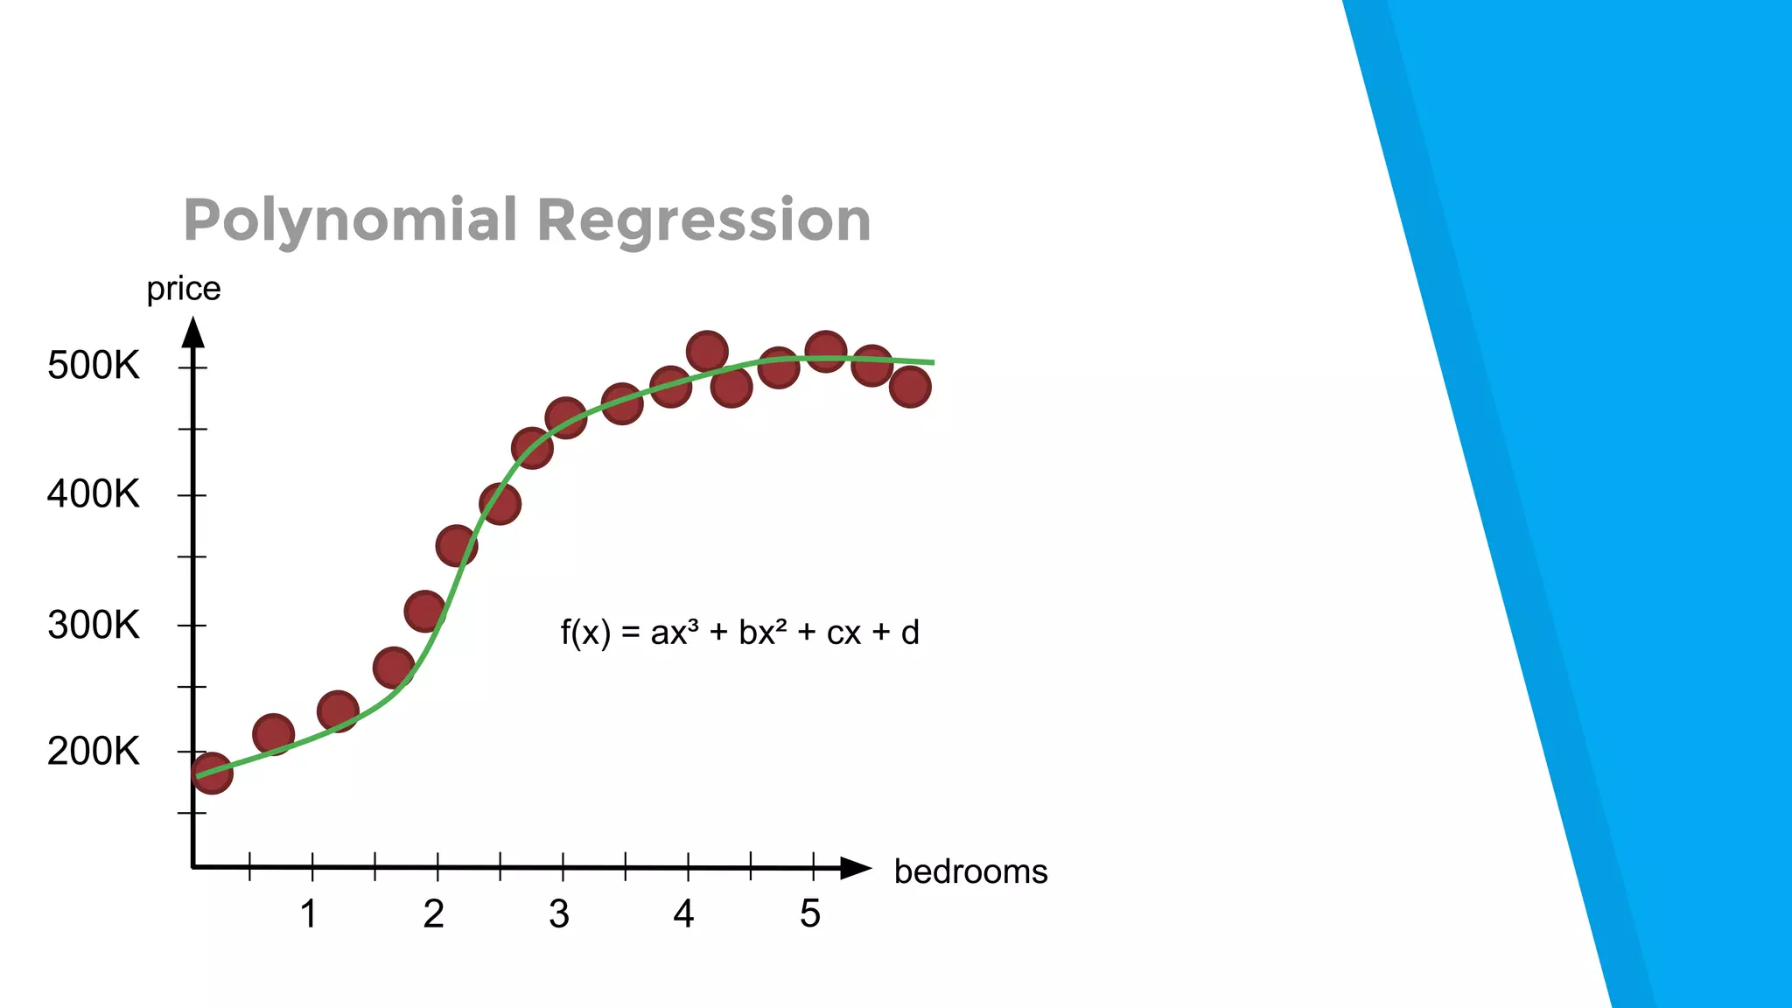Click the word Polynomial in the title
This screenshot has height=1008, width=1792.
[350, 220]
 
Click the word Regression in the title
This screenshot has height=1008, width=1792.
[703, 220]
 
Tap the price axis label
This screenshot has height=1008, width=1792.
[183, 289]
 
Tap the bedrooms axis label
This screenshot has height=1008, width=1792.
[970, 871]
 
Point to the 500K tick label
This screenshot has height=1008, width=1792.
[93, 366]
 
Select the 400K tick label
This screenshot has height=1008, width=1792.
[93, 495]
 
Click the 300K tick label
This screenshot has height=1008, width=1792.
[93, 626]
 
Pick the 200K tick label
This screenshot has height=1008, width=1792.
[93, 752]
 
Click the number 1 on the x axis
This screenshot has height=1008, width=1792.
[309, 914]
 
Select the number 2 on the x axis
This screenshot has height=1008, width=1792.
[434, 914]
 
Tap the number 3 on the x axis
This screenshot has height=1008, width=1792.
[559, 914]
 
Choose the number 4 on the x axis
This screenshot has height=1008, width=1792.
[683, 914]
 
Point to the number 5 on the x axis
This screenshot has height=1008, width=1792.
[810, 914]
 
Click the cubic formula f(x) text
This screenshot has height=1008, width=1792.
[739, 633]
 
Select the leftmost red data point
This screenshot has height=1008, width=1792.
[212, 773]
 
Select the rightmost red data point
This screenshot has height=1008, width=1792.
[910, 387]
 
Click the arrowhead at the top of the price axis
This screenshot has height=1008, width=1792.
[193, 332]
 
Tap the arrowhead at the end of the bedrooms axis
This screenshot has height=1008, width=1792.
[856, 868]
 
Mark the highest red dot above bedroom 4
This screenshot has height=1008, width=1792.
[708, 352]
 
